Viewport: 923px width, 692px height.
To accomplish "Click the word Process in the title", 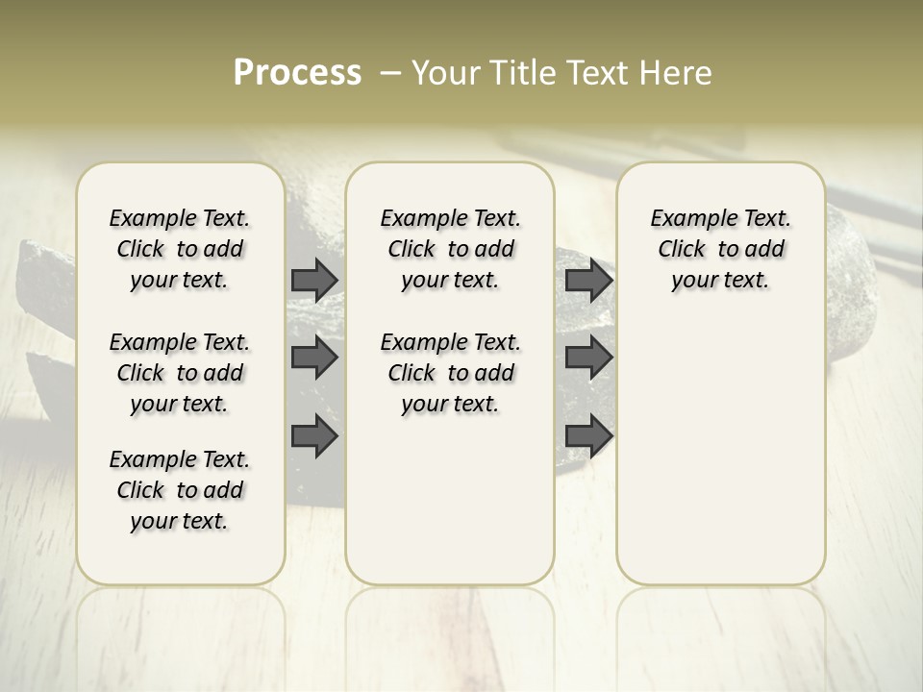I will click(297, 73).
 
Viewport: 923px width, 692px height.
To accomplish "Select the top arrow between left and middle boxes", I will click(314, 280).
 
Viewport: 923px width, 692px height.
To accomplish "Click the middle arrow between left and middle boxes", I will click(314, 358).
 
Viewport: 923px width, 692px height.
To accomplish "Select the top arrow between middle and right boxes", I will click(588, 280).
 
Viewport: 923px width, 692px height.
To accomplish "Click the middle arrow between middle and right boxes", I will click(588, 358).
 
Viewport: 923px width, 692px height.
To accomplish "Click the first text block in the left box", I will click(180, 249).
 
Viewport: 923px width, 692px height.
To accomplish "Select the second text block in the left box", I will click(180, 373).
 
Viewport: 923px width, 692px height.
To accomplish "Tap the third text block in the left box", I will click(180, 490).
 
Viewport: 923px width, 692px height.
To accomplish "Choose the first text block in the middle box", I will click(450, 249).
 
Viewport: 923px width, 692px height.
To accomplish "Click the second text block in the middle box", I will click(450, 373).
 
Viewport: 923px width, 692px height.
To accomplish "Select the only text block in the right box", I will click(721, 249).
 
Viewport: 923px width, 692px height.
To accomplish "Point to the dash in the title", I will click(391, 73).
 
